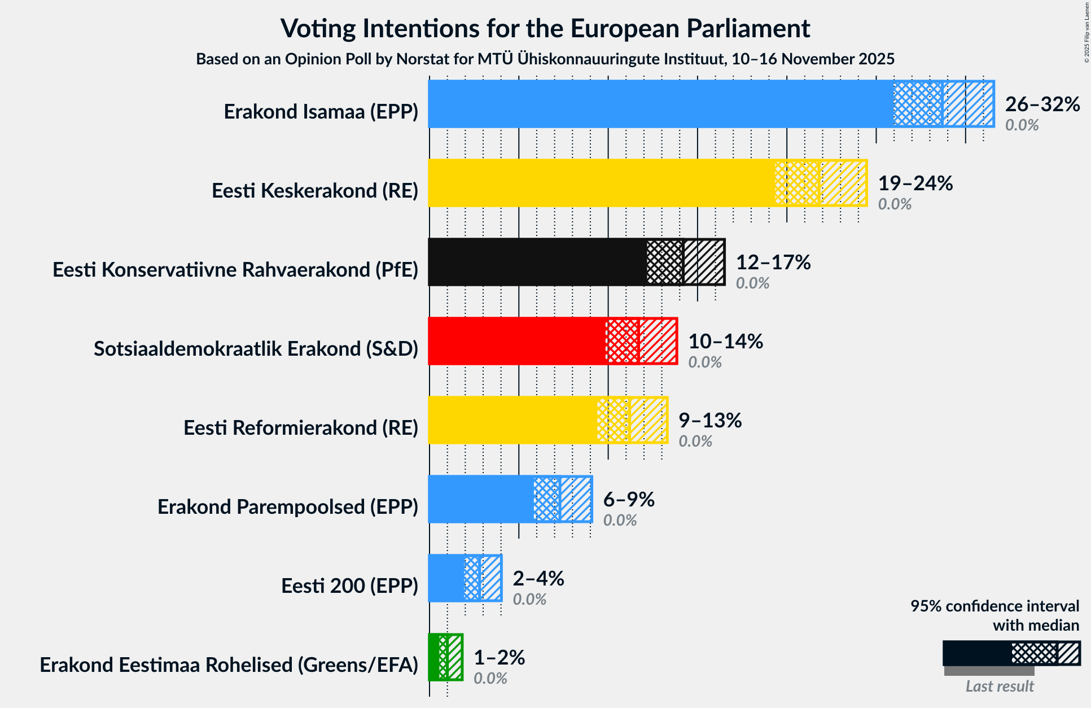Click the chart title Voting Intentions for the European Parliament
[x=545, y=28]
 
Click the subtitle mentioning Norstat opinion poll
[x=545, y=59]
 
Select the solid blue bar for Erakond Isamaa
[x=660, y=104]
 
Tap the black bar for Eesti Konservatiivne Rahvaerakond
[x=536, y=262]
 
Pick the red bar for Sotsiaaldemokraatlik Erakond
[x=516, y=341]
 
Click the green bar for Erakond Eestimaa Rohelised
[x=433, y=657]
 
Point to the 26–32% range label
[x=1042, y=104]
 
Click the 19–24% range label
[x=915, y=183]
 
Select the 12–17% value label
[x=773, y=263]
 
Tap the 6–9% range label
[x=628, y=500]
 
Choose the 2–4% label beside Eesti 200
[x=538, y=579]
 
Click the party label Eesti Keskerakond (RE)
[x=315, y=191]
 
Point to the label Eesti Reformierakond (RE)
[x=301, y=428]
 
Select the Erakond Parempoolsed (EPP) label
[x=288, y=507]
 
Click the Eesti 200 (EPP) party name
[x=349, y=586]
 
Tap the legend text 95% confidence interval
[x=994, y=606]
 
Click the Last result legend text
[x=999, y=686]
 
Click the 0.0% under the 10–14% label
[x=704, y=362]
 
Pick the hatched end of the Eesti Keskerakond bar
[x=843, y=183]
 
